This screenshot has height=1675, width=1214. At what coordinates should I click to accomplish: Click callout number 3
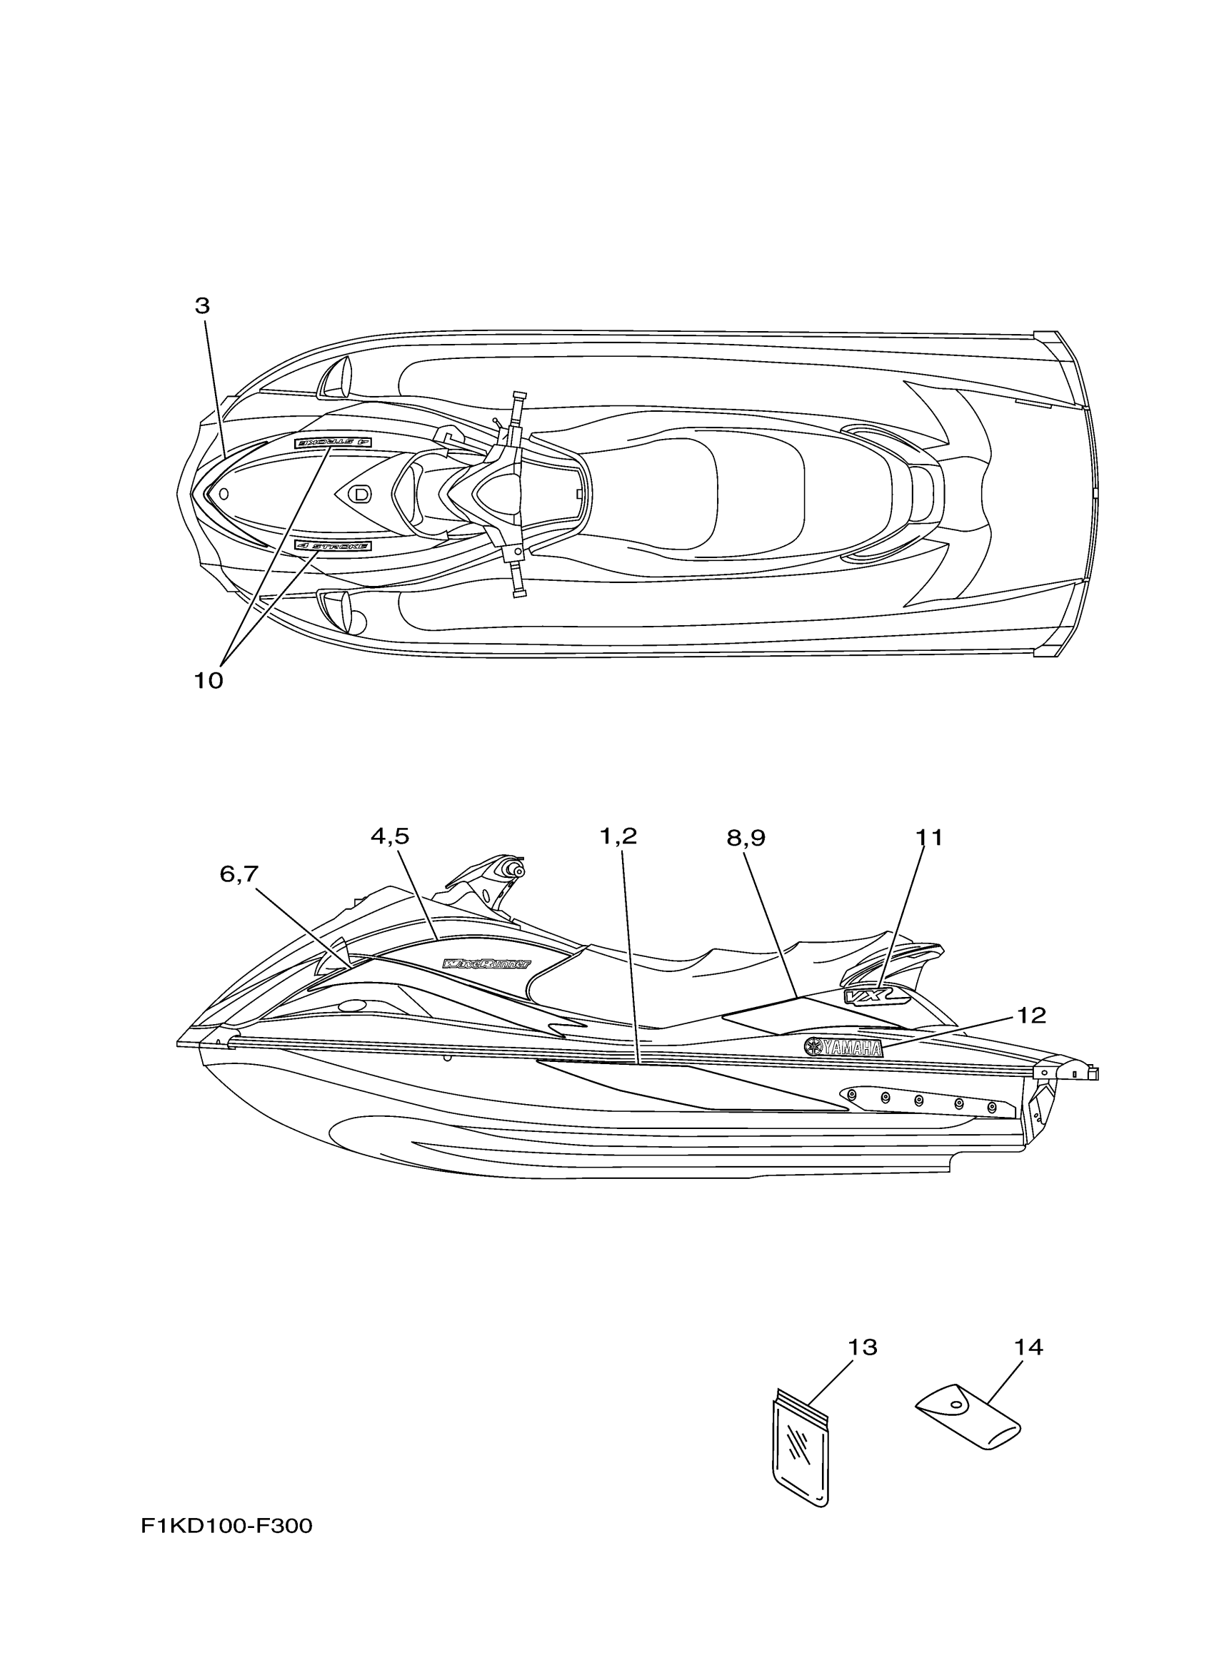[201, 305]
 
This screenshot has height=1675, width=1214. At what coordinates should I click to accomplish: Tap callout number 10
[209, 680]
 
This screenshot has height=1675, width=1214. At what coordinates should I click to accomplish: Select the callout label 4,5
[389, 836]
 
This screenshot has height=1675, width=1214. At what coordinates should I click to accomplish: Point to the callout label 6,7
[239, 874]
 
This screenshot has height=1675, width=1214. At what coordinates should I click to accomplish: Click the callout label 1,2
[618, 836]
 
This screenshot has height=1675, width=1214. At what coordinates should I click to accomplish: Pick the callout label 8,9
[746, 838]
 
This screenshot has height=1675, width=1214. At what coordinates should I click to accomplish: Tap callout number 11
[929, 838]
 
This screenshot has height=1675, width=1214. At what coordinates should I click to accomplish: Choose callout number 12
[1031, 1016]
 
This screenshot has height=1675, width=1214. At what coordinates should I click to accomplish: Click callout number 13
[861, 1348]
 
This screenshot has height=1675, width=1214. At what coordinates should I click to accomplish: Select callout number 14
[1028, 1348]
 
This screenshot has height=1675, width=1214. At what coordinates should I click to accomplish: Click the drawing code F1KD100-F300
[227, 1526]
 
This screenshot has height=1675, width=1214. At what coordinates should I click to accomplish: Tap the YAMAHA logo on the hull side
[844, 1047]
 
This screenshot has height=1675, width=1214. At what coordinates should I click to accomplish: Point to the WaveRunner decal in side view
[486, 963]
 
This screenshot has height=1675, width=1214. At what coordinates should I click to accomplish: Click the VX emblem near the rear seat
[865, 996]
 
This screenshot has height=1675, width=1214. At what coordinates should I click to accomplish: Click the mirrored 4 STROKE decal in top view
[333, 442]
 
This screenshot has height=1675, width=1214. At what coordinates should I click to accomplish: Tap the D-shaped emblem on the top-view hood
[360, 493]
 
